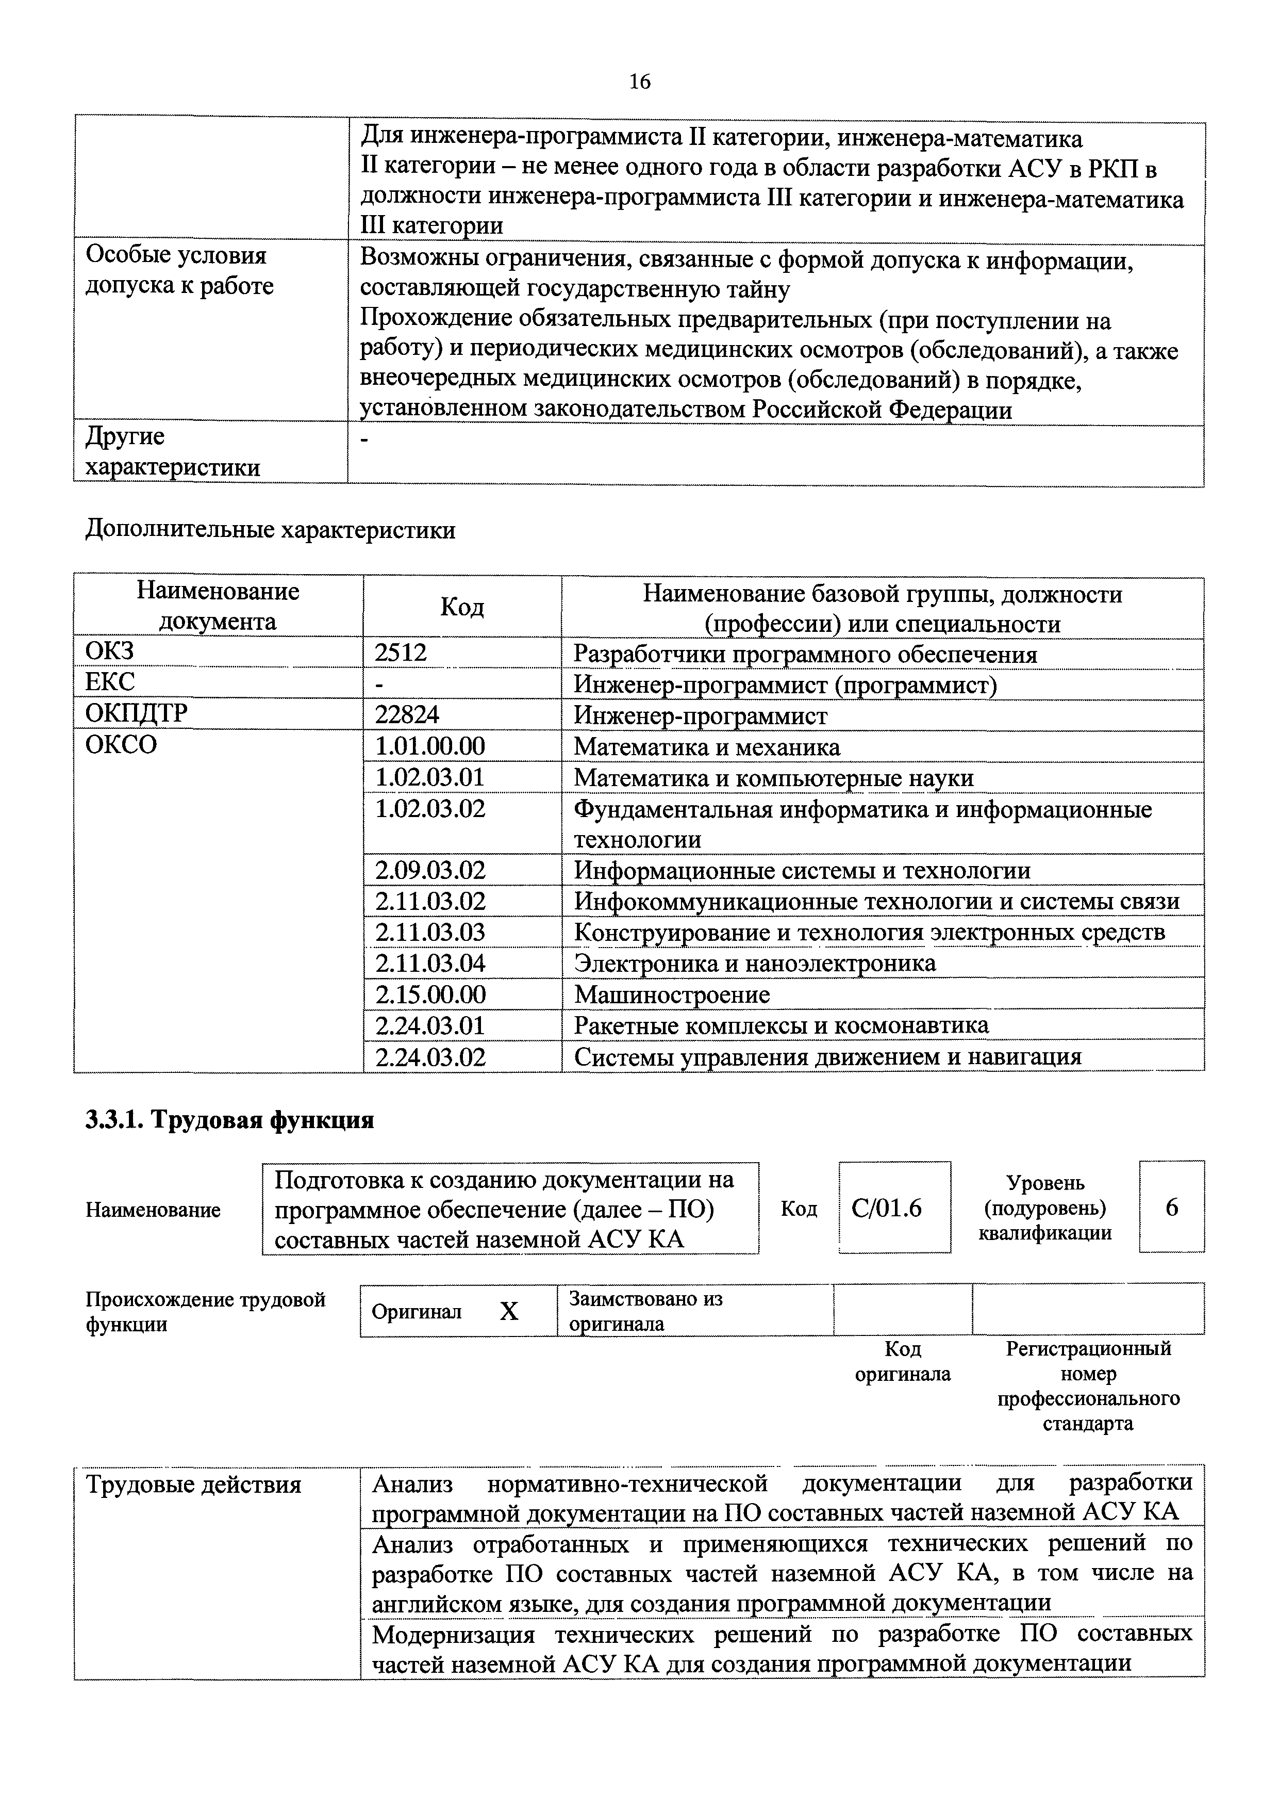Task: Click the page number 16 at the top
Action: [x=640, y=82]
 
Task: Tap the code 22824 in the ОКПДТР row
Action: [x=407, y=715]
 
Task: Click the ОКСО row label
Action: [x=121, y=745]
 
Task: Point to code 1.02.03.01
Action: [x=429, y=777]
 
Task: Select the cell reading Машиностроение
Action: [x=671, y=994]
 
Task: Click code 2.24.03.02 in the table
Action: [x=429, y=1056]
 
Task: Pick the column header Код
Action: [x=462, y=607]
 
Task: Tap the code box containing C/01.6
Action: [x=887, y=1209]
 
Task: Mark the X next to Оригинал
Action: [x=510, y=1312]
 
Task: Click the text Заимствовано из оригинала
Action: [x=646, y=1311]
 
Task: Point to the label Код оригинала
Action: [x=903, y=1361]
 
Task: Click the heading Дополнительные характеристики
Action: [x=270, y=530]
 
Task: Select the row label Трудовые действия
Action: [x=193, y=1485]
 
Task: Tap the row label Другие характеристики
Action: [x=172, y=452]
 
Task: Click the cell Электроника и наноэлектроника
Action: [x=754, y=964]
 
